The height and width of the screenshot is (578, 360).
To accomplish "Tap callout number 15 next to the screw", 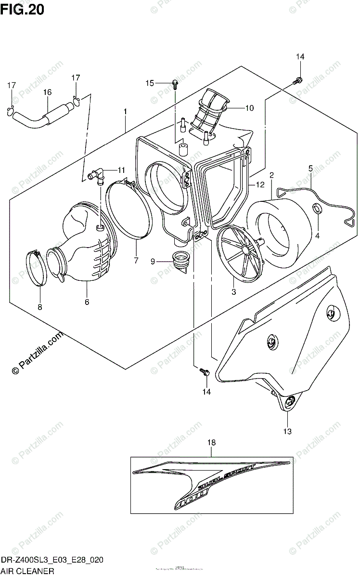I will tap(150, 83).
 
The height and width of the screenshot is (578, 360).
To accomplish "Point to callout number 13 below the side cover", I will tap(287, 432).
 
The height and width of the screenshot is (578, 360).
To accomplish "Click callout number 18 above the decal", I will tap(211, 442).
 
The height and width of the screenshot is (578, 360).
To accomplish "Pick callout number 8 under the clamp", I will tap(40, 306).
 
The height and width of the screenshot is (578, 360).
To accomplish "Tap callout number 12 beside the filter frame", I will tap(260, 184).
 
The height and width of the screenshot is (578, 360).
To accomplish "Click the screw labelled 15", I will tap(174, 85).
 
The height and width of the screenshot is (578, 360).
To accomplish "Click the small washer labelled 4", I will tap(317, 209).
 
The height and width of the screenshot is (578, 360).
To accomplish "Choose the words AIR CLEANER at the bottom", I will tap(27, 572).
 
